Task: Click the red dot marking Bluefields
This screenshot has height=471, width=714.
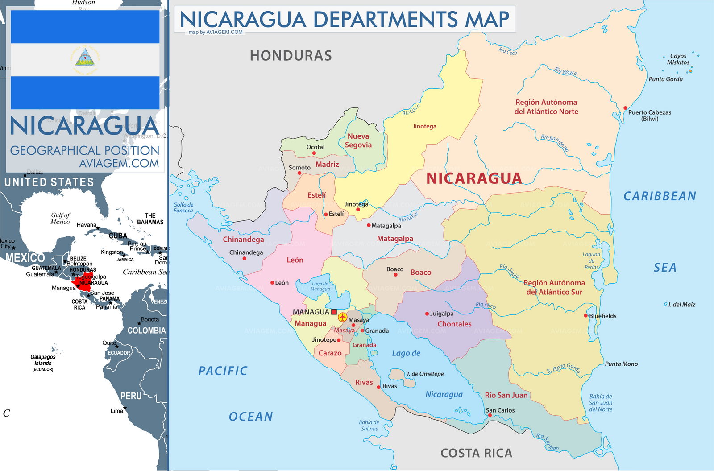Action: tap(586, 315)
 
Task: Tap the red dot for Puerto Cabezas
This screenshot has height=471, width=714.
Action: tap(625, 108)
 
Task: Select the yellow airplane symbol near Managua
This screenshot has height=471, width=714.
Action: tap(342, 317)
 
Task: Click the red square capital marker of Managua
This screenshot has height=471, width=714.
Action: tap(334, 312)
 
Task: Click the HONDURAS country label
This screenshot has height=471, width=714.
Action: tap(291, 56)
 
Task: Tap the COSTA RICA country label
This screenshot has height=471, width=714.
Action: tap(476, 453)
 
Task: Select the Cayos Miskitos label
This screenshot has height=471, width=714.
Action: tap(678, 59)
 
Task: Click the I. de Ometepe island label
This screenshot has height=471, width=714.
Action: tap(425, 374)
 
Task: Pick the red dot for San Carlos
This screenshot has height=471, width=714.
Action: tap(490, 415)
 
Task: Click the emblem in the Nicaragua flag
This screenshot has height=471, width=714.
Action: tap(85, 60)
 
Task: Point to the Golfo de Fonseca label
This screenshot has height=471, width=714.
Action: tap(183, 207)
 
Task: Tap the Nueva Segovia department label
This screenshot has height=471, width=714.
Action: tap(358, 140)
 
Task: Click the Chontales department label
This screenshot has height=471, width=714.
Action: tap(454, 324)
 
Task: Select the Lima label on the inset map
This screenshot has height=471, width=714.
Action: tap(116, 411)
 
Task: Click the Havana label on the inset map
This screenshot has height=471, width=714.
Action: tap(86, 225)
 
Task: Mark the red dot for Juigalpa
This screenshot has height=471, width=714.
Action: tap(427, 314)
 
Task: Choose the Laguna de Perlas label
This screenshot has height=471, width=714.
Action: tap(591, 261)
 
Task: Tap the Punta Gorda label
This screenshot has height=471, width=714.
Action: tap(665, 79)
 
